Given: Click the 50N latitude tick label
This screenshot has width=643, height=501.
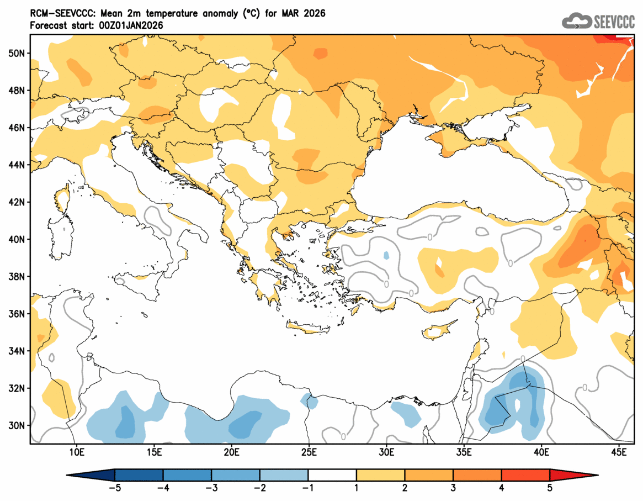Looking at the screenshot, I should pyautogui.click(x=17, y=53).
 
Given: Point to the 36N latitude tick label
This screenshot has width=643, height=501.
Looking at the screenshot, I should pyautogui.click(x=17, y=314).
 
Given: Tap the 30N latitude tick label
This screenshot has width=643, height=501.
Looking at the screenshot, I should pyautogui.click(x=17, y=425).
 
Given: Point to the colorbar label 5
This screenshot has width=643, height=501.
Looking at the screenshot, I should pyautogui.click(x=550, y=488).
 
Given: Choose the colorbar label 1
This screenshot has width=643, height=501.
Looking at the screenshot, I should pyautogui.click(x=357, y=488).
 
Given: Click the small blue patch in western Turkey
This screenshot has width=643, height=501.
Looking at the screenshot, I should pyautogui.click(x=386, y=256).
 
